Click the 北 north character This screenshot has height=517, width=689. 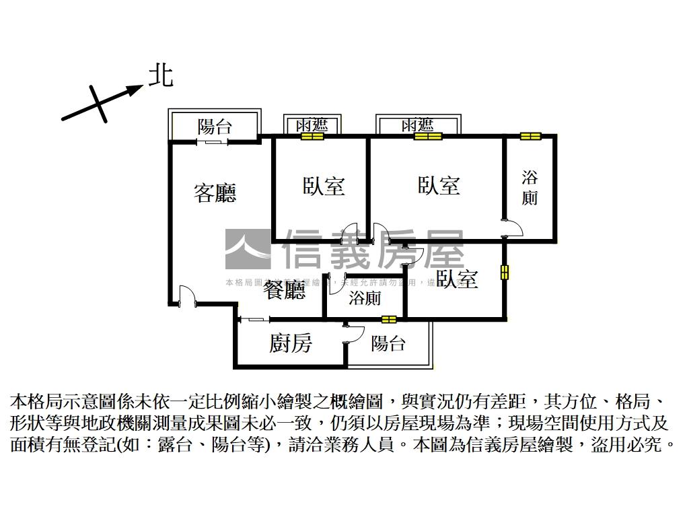pos(161,75)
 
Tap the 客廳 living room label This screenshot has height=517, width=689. pos(215,193)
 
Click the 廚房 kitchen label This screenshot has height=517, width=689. pos(291,343)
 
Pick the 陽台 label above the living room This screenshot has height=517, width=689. pos(215,126)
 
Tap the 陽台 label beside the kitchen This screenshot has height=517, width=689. pos(389,344)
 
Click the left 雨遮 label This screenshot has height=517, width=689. pos(312,125)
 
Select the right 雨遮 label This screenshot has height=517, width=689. pos(417,125)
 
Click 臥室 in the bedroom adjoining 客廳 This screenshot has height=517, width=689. pos(324,186)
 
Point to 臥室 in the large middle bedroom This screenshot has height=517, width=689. pos(439,185)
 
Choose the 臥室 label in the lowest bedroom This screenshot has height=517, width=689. pos(457,279)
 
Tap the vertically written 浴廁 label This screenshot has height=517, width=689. pos(530,188)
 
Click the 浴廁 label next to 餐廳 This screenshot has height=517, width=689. pos(365,298)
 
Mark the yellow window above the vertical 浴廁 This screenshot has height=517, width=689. pos(530,137)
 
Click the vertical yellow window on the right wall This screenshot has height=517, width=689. pos(505,272)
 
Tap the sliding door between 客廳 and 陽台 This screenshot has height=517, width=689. pos(213,141)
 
